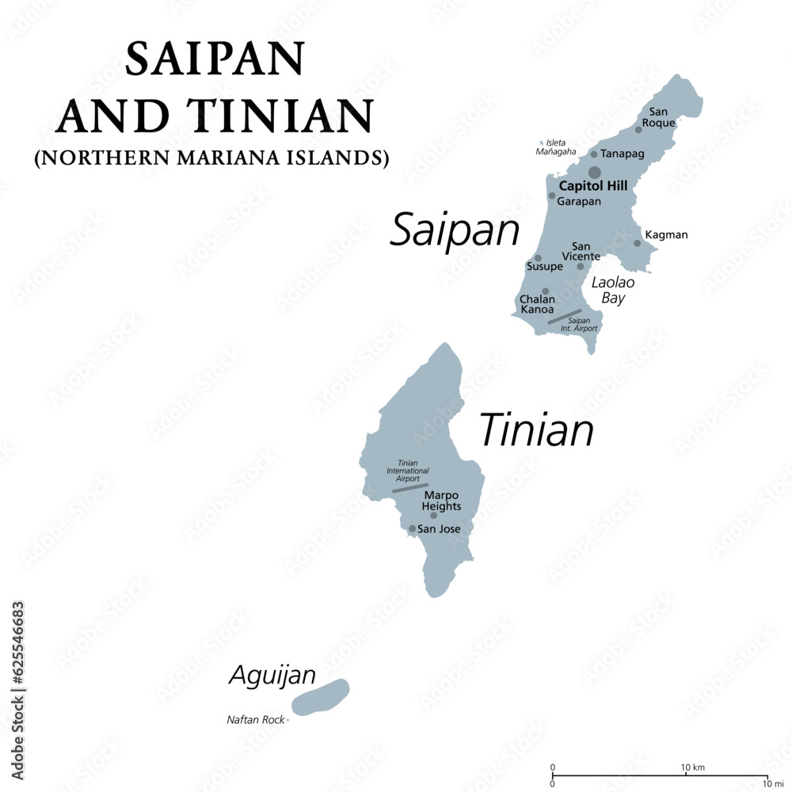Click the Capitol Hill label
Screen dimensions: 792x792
pyautogui.click(x=592, y=186)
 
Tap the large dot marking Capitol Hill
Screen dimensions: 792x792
pyautogui.click(x=594, y=172)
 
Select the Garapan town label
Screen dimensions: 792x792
pyautogui.click(x=579, y=201)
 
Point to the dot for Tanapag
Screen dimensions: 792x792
pyautogui.click(x=593, y=154)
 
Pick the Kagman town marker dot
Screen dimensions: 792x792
pyautogui.click(x=637, y=242)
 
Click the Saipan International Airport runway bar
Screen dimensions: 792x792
pyautogui.click(x=565, y=316)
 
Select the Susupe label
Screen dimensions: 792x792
pyautogui.click(x=544, y=267)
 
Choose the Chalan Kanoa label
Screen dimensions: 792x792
pyautogui.click(x=537, y=304)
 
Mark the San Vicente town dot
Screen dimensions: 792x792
pyautogui.click(x=580, y=266)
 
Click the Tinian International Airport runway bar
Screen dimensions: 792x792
pyautogui.click(x=410, y=488)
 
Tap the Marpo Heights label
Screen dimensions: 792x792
pyautogui.click(x=441, y=501)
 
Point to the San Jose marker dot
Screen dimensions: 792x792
pyautogui.click(x=412, y=528)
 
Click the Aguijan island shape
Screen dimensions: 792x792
pyautogui.click(x=320, y=697)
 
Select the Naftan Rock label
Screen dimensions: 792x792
pyautogui.click(x=255, y=720)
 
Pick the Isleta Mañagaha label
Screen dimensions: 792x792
pyautogui.click(x=556, y=147)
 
